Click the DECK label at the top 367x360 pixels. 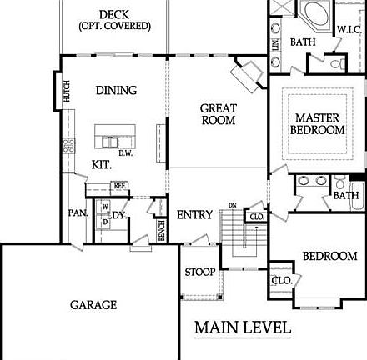114,14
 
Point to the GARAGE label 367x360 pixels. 93,305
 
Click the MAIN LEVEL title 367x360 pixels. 243,327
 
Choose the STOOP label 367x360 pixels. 200,272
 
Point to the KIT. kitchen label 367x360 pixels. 103,165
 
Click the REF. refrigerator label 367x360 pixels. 119,185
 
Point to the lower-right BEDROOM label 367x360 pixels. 329,256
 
